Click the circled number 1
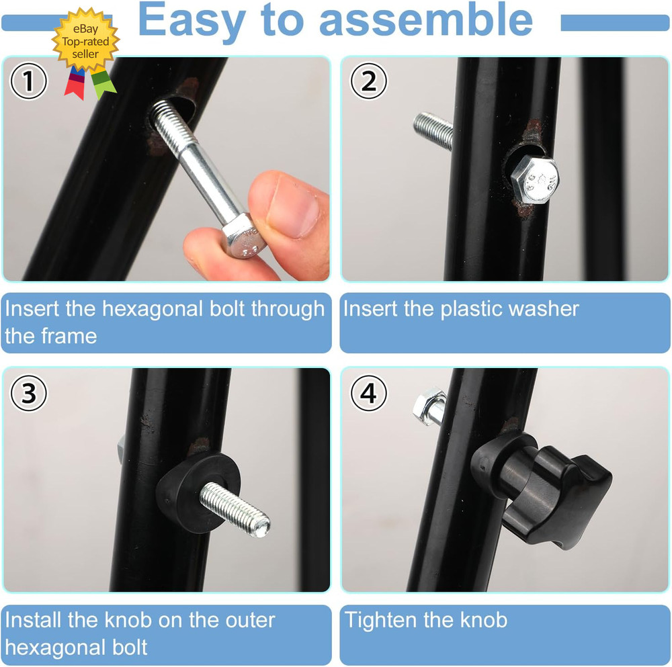[x=28, y=83]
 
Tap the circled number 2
[x=369, y=83]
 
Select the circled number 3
[x=28, y=394]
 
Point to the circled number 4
[x=368, y=394]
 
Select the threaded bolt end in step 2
[x=432, y=130]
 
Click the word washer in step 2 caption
[x=544, y=309]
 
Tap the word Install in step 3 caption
[x=34, y=620]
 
